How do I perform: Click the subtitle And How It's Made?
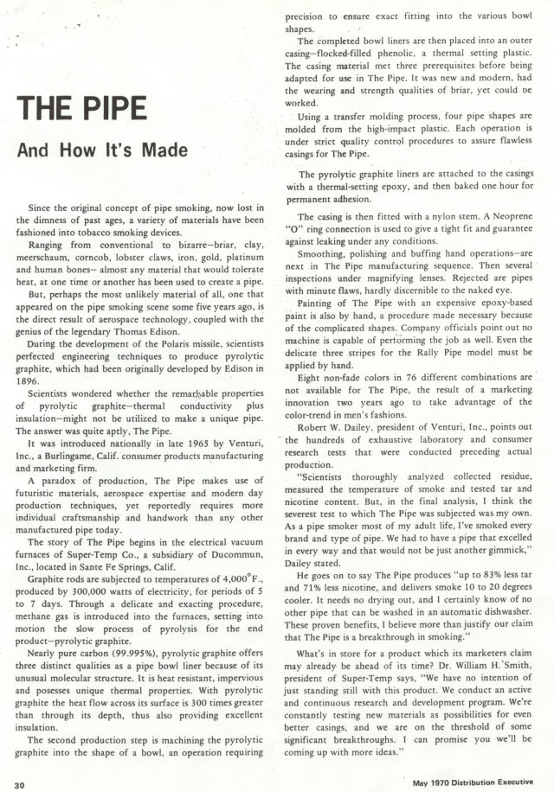click(101, 150)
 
